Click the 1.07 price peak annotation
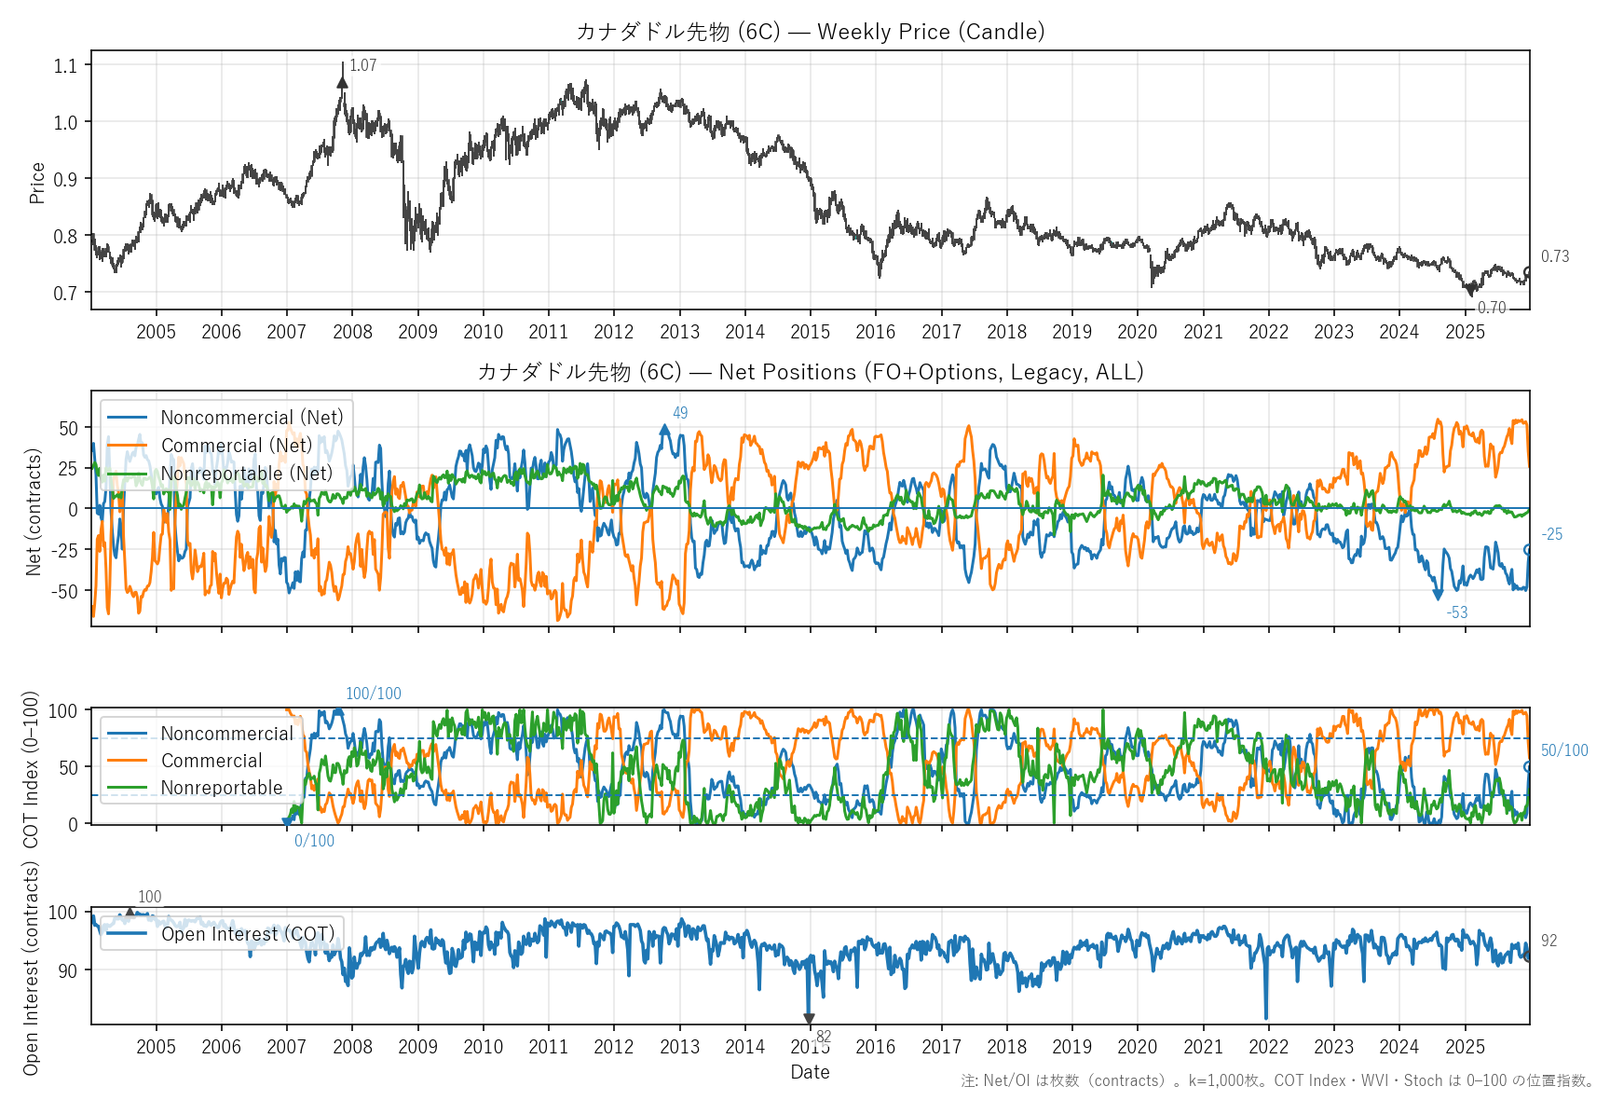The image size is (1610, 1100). pyautogui.click(x=362, y=65)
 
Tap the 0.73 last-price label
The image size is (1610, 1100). pyautogui.click(x=1554, y=256)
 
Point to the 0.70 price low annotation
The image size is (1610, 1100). pyautogui.click(x=1491, y=308)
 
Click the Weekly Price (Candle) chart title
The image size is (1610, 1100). pyautogui.click(x=810, y=32)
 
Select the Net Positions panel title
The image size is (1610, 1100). pyautogui.click(x=810, y=372)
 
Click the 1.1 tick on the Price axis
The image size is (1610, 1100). pyautogui.click(x=65, y=65)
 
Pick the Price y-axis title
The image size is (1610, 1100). pyautogui.click(x=37, y=183)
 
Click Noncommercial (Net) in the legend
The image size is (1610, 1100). pyautogui.click(x=252, y=418)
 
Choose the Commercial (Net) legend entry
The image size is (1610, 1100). pyautogui.click(x=237, y=446)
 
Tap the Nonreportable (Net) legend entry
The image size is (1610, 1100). pyautogui.click(x=246, y=474)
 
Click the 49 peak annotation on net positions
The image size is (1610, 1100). pyautogui.click(x=680, y=413)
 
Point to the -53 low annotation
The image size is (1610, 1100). pyautogui.click(x=1456, y=612)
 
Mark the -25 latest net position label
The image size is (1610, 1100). pyautogui.click(x=1551, y=534)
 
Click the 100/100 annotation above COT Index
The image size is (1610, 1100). pyautogui.click(x=373, y=694)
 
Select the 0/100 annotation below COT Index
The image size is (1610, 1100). pyautogui.click(x=314, y=841)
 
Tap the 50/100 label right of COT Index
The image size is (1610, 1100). pyautogui.click(x=1563, y=750)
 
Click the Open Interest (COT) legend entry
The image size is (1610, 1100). pyautogui.click(x=247, y=934)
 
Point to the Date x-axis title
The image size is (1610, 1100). pyautogui.click(x=810, y=1072)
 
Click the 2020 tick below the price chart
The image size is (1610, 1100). pyautogui.click(x=1137, y=332)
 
